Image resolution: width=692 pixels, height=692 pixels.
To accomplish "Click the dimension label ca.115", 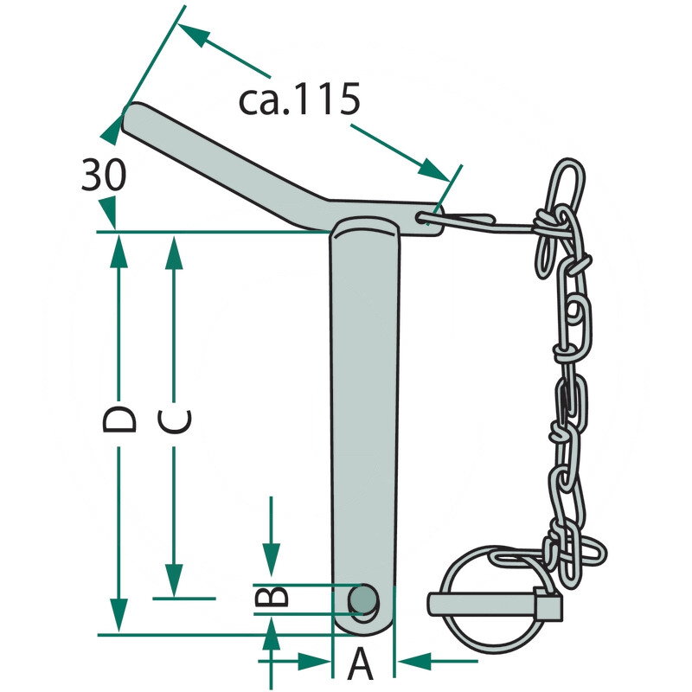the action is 299,99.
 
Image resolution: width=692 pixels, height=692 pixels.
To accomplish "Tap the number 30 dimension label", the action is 104,175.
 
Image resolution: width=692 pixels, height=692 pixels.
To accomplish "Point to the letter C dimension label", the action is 175,420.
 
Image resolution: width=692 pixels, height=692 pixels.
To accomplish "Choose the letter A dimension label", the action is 361,663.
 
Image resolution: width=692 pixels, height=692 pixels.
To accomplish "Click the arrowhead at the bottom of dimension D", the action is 119,616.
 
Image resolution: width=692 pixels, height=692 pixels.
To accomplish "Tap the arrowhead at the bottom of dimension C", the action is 175,580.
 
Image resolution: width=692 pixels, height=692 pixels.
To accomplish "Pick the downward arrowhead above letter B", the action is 272,560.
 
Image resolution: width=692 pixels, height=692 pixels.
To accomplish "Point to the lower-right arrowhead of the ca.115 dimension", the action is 435,170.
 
